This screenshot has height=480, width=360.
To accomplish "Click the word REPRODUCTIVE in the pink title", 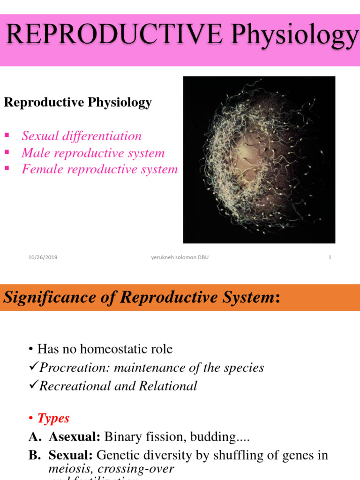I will (x=112, y=35).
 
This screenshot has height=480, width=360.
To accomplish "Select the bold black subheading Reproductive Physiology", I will (x=78, y=103).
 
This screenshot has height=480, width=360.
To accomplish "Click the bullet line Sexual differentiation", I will (x=82, y=136).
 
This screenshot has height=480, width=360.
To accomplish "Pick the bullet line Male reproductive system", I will (x=93, y=153).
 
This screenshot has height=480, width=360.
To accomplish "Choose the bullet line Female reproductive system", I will (x=100, y=169).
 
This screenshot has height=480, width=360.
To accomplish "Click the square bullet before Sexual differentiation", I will (x=7, y=135).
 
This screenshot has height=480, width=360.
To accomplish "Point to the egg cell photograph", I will (x=259, y=160).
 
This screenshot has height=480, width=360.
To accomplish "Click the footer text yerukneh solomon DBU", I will (x=180, y=257).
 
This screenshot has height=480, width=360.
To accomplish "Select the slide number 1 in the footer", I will (x=330, y=257).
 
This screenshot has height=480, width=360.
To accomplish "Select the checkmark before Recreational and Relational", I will (x=33, y=386).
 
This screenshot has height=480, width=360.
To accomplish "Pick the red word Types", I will (x=53, y=418).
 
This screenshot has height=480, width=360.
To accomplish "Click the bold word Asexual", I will (x=75, y=437).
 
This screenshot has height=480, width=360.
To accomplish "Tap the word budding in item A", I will (x=215, y=437).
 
